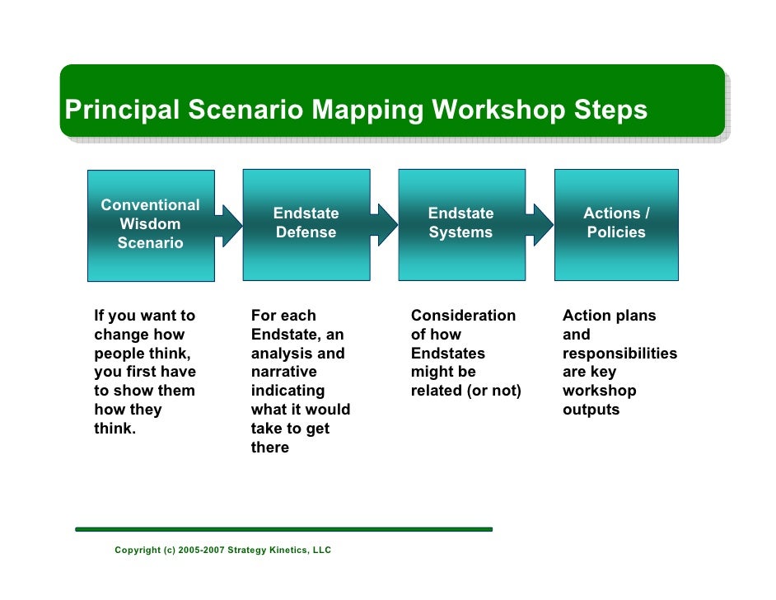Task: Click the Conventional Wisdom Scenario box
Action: coord(151,224)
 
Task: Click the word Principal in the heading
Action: coord(122,110)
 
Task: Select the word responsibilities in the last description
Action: coord(619,353)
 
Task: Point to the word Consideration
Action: coord(463,315)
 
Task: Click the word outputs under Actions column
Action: coord(591,410)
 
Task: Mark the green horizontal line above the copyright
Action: coord(283,529)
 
